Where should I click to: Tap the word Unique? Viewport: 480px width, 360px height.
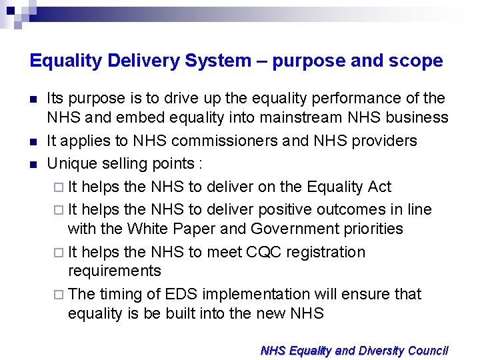(x=69, y=163)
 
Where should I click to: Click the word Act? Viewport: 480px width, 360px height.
(x=379, y=187)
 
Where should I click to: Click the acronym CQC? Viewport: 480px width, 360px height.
(x=264, y=252)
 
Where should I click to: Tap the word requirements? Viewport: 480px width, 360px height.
(x=115, y=271)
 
